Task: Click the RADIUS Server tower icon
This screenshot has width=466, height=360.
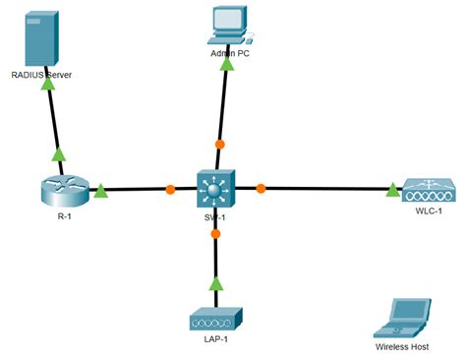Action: pos(37,39)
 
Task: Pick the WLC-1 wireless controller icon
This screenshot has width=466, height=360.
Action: pos(428,188)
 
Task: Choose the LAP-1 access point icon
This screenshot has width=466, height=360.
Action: pos(214,319)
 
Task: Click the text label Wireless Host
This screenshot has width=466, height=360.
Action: pos(404,347)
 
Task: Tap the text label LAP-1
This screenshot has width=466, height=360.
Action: pos(214,339)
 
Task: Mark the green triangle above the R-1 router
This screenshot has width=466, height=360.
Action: pos(58,153)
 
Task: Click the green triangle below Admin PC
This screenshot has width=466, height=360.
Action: pos(228,64)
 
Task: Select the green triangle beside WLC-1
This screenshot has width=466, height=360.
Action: pos(391,187)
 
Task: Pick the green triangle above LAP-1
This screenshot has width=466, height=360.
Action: pos(215,284)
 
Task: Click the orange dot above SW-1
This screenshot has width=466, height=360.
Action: pos(220,145)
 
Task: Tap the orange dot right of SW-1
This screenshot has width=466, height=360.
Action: pos(261,187)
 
